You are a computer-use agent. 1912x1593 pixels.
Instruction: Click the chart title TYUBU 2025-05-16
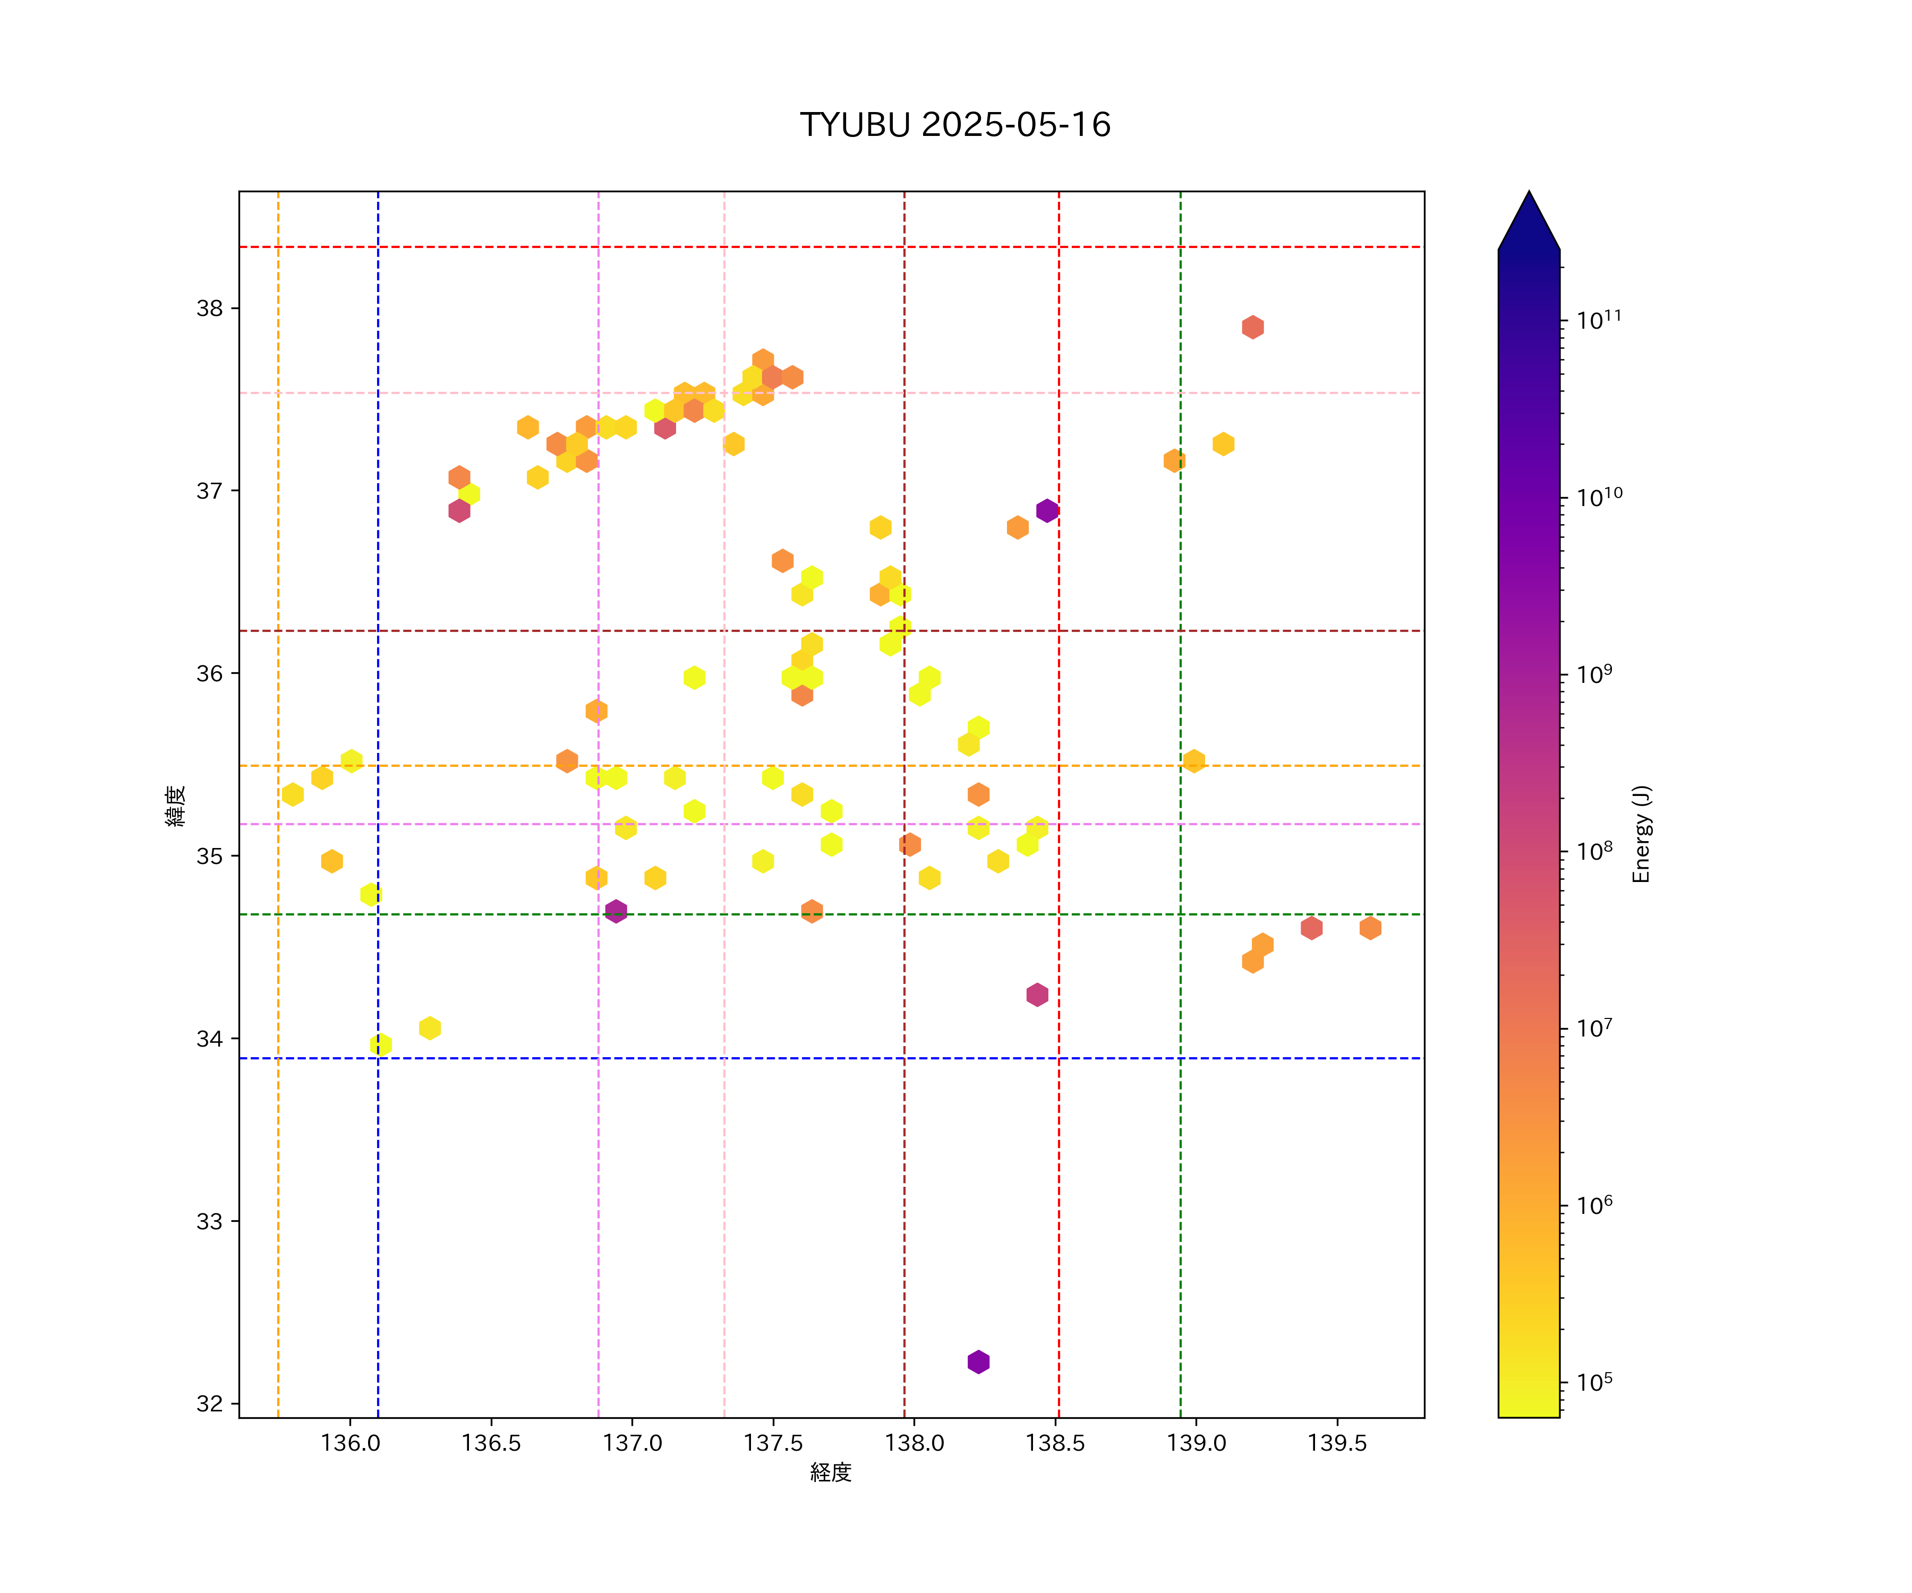tap(955, 125)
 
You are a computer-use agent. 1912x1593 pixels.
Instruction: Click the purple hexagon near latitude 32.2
tap(978, 1362)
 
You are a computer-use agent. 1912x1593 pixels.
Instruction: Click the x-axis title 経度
tap(830, 1473)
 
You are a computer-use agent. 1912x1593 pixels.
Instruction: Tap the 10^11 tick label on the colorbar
tap(1599, 320)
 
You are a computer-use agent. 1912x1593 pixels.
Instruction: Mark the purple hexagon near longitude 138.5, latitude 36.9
tap(1047, 511)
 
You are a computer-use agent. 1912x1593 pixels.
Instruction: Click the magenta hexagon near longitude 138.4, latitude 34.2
tap(1037, 995)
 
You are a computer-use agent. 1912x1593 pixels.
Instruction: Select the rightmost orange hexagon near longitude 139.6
tap(1370, 928)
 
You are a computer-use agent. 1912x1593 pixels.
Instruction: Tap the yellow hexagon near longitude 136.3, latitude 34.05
tap(430, 1027)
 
